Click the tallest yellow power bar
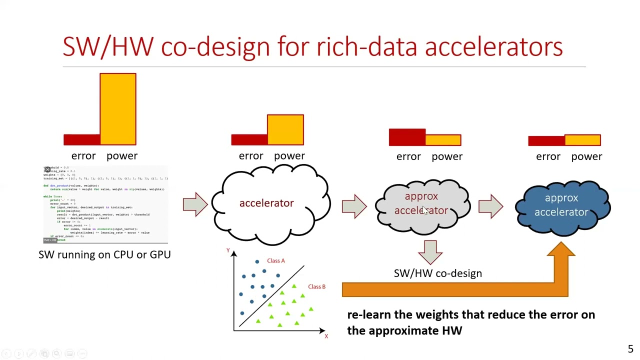[118, 109]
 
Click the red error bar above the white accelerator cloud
[249, 139]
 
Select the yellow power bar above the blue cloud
[582, 140]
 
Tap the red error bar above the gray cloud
[407, 137]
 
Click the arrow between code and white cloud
[195, 204]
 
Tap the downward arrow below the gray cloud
[430, 251]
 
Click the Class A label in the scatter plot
[275, 260]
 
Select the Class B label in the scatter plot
[316, 286]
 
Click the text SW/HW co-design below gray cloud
[437, 273]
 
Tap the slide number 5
[630, 349]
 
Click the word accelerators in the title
[493, 46]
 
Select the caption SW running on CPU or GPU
[104, 254]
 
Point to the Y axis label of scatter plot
[228, 250]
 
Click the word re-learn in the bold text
[367, 315]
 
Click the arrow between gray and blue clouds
[490, 206]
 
